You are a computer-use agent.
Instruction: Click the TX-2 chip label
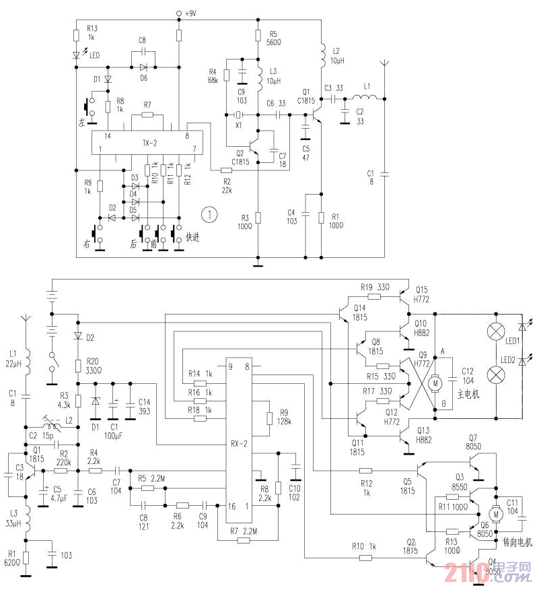(x=149, y=143)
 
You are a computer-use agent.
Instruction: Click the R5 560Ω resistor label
(x=273, y=37)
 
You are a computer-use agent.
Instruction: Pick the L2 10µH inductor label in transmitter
(x=337, y=56)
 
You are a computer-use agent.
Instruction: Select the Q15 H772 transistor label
(x=422, y=294)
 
